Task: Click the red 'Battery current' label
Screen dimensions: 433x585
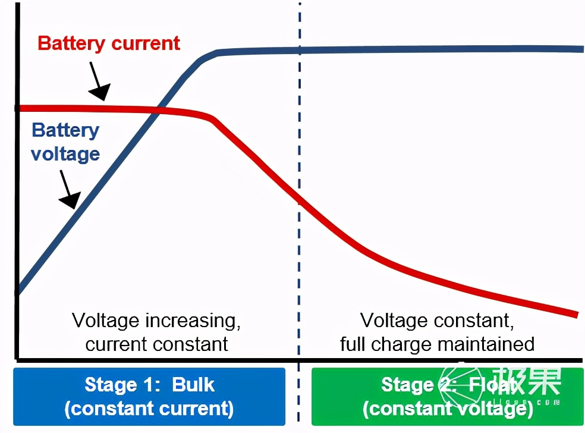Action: [x=108, y=43]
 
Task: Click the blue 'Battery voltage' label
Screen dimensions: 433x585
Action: [x=65, y=142]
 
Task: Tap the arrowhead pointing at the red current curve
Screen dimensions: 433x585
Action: [x=102, y=93]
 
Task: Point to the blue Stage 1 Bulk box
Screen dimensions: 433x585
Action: [x=149, y=396]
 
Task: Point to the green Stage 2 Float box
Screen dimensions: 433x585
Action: [x=447, y=396]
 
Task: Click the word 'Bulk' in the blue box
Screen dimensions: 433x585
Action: [x=193, y=384]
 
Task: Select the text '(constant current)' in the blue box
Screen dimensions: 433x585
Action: [x=149, y=409]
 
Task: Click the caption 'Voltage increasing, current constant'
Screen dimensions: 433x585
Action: [x=156, y=332]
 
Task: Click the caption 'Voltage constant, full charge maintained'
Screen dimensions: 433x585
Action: [x=437, y=332]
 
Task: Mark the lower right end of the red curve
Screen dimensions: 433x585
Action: [x=577, y=314]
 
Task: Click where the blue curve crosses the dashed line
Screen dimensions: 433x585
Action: [x=300, y=50]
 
